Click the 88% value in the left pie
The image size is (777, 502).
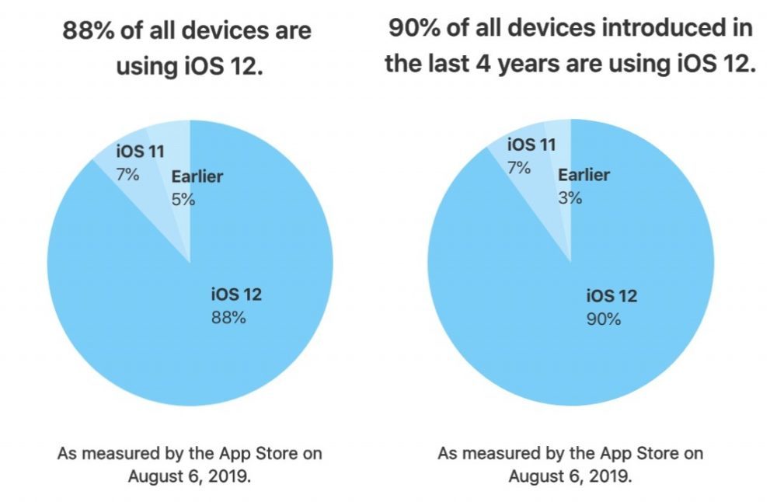click(x=228, y=317)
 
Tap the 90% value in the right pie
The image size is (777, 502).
click(x=603, y=319)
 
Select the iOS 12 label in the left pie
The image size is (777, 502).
click(x=236, y=295)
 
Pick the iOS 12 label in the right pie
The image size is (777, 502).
click(x=611, y=295)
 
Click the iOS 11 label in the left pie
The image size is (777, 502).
click(x=140, y=152)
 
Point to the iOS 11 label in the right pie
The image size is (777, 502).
click(x=531, y=145)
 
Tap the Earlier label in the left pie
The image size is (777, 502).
click(x=197, y=176)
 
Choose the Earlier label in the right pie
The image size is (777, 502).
click(x=584, y=175)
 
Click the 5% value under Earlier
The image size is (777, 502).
click(x=183, y=199)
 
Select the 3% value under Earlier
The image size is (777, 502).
click(x=570, y=197)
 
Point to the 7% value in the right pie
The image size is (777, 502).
click(x=519, y=166)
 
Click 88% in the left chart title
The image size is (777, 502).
click(x=86, y=31)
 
